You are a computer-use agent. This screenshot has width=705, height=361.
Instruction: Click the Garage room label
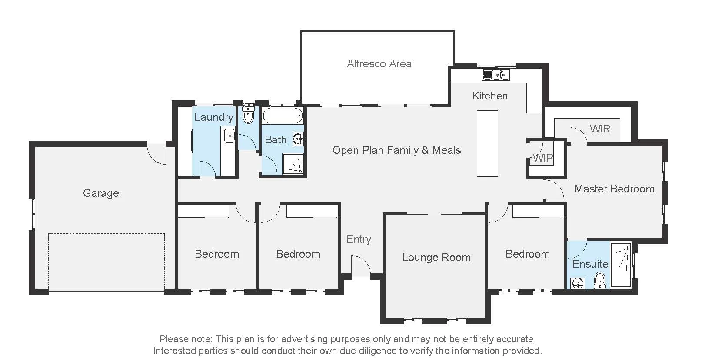point(101,193)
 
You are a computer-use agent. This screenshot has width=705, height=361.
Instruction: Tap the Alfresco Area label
point(379,64)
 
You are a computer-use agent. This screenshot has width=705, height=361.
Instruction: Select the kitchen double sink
point(496,75)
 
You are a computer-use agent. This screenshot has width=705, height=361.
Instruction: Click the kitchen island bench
point(487,143)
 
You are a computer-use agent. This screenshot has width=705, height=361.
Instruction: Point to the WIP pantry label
point(543,158)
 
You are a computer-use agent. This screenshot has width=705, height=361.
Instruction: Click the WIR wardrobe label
point(600,129)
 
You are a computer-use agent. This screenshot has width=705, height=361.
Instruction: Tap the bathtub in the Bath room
point(283,116)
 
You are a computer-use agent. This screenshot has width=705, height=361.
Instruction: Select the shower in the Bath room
point(293,163)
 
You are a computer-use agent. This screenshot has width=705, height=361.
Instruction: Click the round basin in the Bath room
point(298,139)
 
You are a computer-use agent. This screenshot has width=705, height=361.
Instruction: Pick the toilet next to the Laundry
point(248,115)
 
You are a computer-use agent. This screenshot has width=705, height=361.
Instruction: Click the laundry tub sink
point(229,136)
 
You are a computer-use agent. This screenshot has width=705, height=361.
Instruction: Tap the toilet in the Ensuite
point(599,280)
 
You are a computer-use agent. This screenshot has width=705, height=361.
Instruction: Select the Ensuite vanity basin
point(578,283)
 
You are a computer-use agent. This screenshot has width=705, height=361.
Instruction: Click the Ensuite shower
point(621,264)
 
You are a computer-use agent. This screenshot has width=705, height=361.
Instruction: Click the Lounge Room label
point(436,258)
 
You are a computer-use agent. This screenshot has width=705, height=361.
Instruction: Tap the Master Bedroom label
point(614,189)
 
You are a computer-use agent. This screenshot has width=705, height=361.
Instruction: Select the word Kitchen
point(490,96)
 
